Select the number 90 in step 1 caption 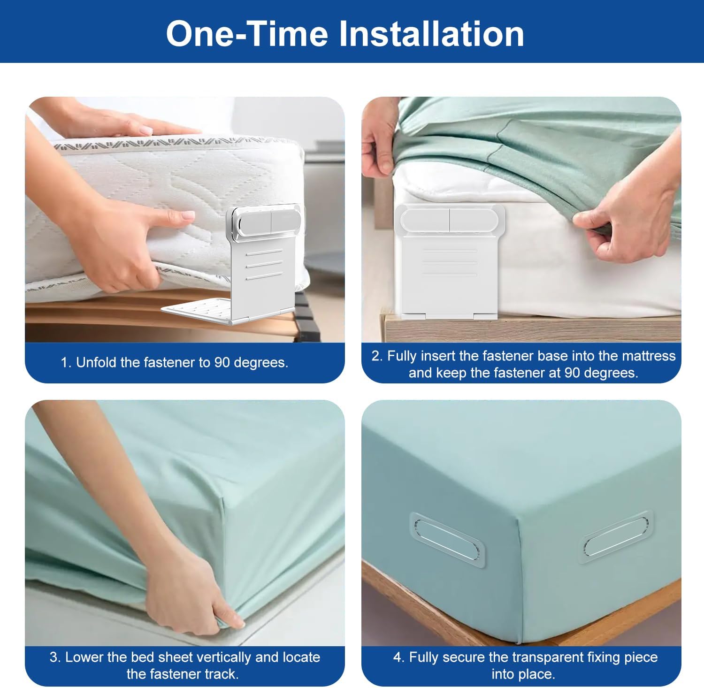click(x=222, y=362)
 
